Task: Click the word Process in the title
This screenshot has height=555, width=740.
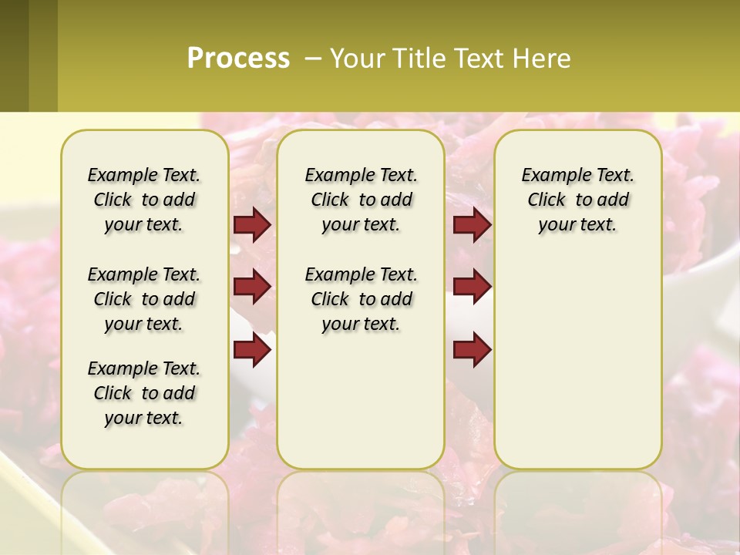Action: coord(238,59)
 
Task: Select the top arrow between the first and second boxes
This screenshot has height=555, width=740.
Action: coord(252,225)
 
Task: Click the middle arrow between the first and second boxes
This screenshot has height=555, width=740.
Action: coord(252,288)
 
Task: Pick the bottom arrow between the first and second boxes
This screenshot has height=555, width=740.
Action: coord(252,350)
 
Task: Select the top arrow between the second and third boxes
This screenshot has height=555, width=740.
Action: coord(472,225)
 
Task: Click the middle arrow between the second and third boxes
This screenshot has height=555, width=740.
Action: coord(472,288)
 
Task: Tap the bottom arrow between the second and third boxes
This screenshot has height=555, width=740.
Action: coord(472,350)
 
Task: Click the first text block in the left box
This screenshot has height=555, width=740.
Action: coord(144,200)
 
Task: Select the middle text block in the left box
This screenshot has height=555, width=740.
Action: coord(144,299)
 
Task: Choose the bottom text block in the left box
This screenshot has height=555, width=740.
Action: coord(144,393)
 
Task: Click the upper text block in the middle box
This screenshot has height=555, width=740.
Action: coord(361,200)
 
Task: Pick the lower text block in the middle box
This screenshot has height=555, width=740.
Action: coord(361,299)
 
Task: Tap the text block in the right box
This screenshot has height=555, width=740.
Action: coord(577,200)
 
